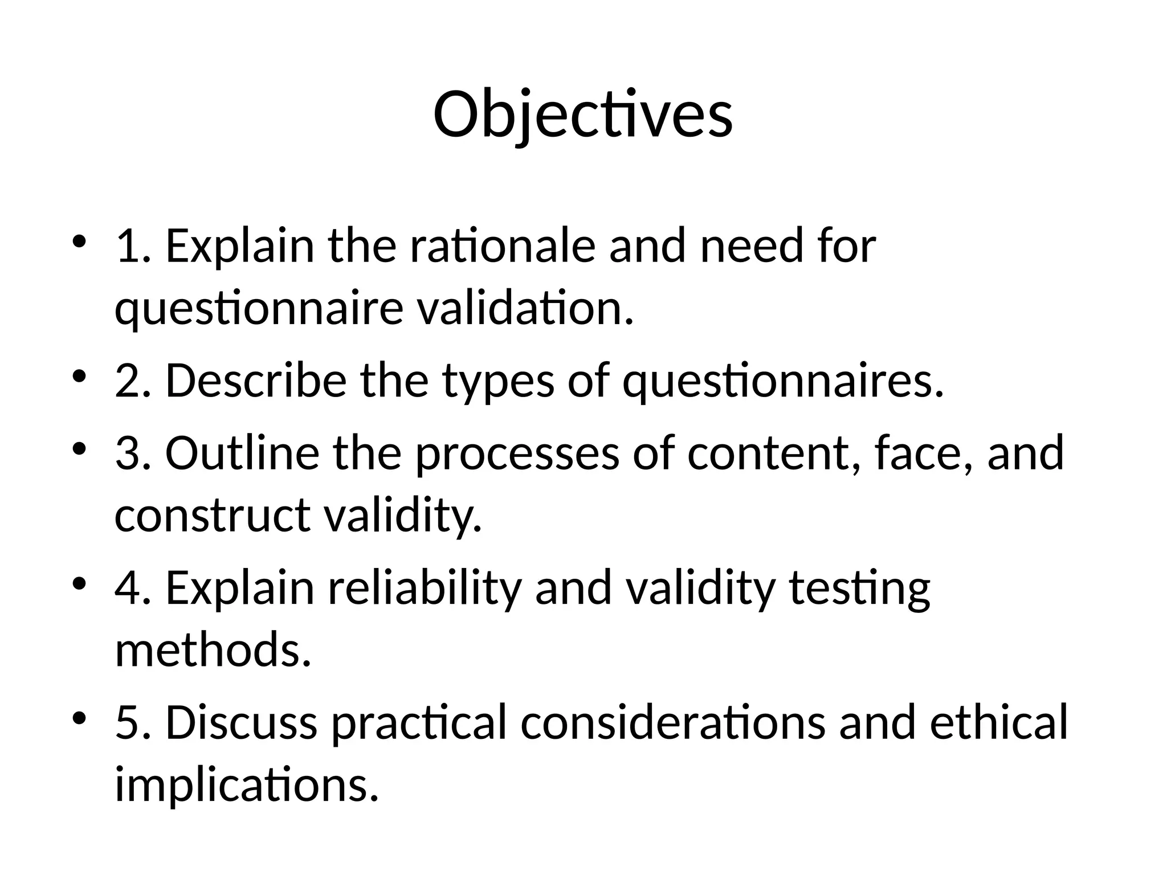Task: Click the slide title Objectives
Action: click(x=583, y=115)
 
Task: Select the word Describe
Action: click(x=256, y=381)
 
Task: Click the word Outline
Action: click(x=242, y=452)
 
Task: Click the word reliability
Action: click(x=425, y=588)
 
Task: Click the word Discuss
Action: click(x=241, y=722)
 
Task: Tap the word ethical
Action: click(x=998, y=722)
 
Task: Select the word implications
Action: click(x=247, y=785)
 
